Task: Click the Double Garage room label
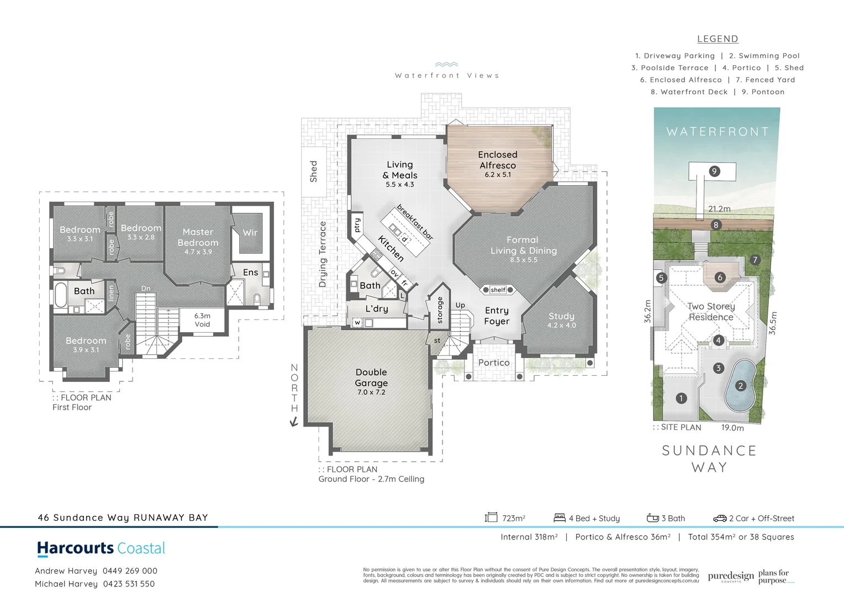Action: click(x=371, y=378)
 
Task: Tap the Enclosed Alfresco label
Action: click(x=498, y=160)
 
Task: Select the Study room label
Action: click(x=561, y=316)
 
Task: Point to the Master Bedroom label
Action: click(x=198, y=237)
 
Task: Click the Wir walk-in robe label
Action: click(x=250, y=233)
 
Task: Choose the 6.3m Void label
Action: click(x=202, y=320)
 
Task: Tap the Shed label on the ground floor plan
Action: click(x=314, y=171)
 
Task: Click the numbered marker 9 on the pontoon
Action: click(x=714, y=171)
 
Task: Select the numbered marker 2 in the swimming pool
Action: click(x=741, y=386)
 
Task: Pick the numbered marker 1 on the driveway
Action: click(x=681, y=398)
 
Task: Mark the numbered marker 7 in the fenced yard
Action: click(x=755, y=260)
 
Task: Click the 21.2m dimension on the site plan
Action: click(x=719, y=209)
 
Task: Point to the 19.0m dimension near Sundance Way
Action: click(x=732, y=428)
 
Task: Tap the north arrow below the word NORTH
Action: click(x=294, y=422)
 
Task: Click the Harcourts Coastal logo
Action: click(x=101, y=548)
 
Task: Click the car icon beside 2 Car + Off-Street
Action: click(x=720, y=519)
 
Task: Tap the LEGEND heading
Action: click(x=718, y=39)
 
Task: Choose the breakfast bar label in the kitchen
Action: click(x=415, y=222)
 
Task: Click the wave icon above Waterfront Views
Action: click(x=446, y=65)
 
